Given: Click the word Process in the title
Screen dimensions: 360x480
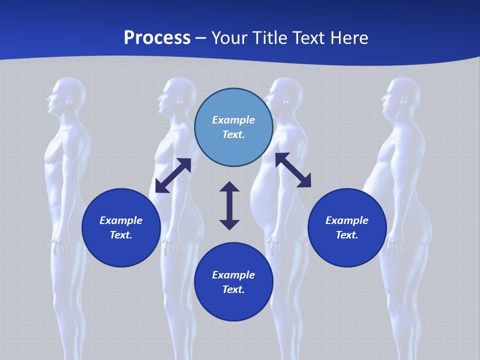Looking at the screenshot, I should click(x=157, y=38).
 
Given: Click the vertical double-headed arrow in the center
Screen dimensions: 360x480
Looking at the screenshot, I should click(x=229, y=205).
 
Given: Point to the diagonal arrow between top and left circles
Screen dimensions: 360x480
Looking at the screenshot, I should click(x=173, y=175).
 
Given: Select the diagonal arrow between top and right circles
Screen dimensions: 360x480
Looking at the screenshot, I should click(x=293, y=170).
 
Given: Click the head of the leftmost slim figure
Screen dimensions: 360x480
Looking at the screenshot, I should click(x=67, y=95).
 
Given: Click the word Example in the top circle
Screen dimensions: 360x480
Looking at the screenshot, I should click(x=233, y=120).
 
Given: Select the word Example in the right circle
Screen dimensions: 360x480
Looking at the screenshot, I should click(x=347, y=220).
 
